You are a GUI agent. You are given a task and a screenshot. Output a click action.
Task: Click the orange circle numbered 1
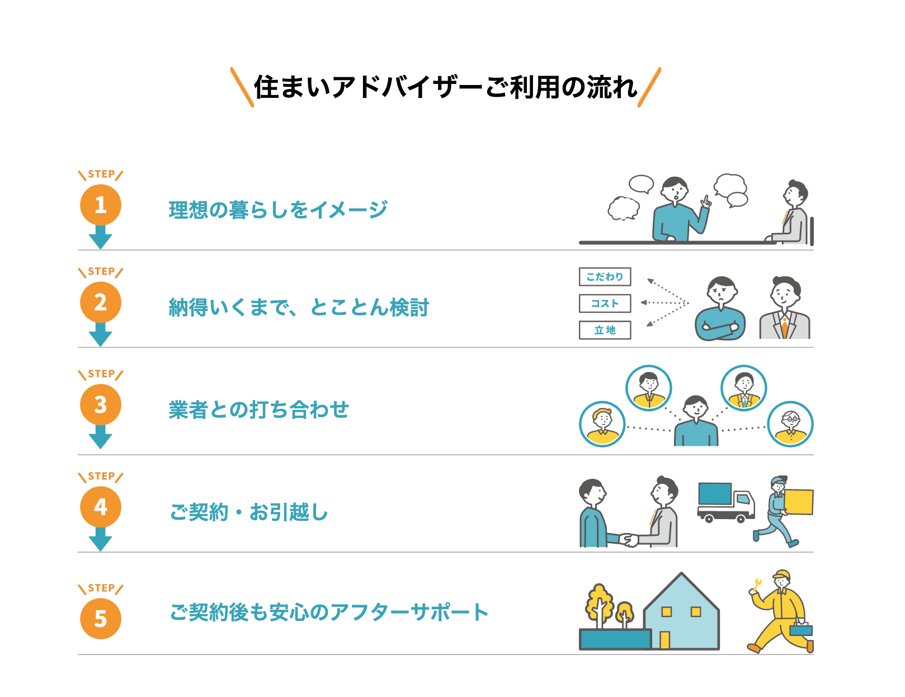(101, 205)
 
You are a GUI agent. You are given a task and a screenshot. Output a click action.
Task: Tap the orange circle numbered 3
(101, 405)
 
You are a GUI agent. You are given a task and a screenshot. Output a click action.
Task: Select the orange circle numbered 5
(101, 619)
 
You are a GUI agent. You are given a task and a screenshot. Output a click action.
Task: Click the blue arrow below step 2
(101, 335)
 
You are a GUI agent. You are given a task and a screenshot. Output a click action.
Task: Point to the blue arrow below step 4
(101, 540)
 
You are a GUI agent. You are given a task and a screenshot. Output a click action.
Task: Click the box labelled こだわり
(605, 277)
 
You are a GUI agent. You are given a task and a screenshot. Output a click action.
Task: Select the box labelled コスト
(605, 303)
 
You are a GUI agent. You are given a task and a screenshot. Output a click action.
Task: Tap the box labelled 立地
(605, 330)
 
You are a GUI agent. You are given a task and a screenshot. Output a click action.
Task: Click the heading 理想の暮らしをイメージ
(278, 210)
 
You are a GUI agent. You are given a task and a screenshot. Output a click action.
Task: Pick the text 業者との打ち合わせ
(258, 409)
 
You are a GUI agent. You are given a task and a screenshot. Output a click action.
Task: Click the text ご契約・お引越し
(249, 512)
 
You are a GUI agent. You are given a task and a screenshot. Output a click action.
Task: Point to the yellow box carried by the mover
(799, 502)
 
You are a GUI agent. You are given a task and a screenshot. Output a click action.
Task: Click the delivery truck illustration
(725, 502)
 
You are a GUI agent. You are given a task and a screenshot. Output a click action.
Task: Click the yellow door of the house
(664, 639)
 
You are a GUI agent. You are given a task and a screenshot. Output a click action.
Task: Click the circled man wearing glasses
(790, 424)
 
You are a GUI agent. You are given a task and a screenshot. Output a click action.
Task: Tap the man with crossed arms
(720, 310)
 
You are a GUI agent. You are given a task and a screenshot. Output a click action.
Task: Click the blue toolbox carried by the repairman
(801, 630)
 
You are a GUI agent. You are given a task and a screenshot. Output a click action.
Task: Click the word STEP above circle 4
(101, 477)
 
